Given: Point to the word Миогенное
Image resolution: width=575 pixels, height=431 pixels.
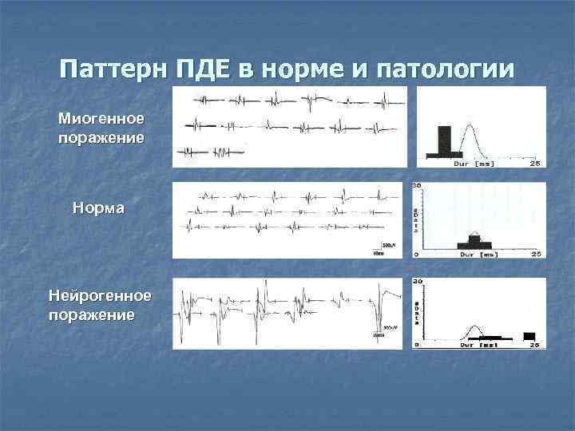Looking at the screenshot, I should point(101,118).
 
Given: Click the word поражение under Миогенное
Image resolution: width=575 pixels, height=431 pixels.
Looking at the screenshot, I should point(101,137).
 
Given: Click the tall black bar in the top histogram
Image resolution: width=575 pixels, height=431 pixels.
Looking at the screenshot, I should point(443,139).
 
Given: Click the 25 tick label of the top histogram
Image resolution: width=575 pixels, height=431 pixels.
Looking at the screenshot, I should point(535,164).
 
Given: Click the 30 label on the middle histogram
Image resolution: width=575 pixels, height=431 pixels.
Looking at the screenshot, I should point(416,186).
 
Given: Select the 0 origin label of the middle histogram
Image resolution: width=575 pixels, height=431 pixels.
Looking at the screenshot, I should point(416,254).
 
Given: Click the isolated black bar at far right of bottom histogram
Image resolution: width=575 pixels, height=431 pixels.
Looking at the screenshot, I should point(529,335).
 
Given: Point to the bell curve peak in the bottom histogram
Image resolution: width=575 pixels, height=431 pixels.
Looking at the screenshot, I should point(474,326).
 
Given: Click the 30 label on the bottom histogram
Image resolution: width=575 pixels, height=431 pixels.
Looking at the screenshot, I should point(416,283).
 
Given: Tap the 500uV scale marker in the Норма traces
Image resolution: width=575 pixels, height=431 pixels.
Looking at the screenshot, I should point(389,243).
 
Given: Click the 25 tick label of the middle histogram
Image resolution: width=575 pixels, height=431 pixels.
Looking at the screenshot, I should point(536,254).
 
